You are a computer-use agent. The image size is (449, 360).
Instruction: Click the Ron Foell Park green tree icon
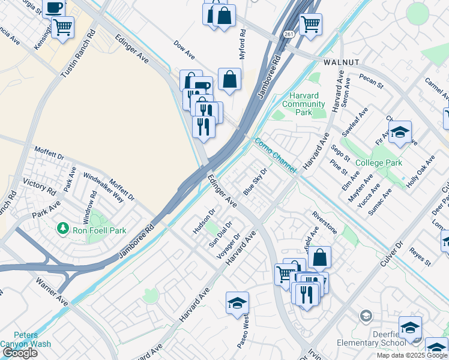(x=62, y=228)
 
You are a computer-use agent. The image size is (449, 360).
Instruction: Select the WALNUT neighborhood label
(x=340, y=62)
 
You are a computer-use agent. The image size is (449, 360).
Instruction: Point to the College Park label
(x=378, y=163)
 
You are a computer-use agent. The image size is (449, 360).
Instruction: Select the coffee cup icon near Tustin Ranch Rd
(x=54, y=8)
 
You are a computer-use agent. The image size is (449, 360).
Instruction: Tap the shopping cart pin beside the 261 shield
(x=310, y=25)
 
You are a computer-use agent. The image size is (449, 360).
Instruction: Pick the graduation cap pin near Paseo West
(x=237, y=303)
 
